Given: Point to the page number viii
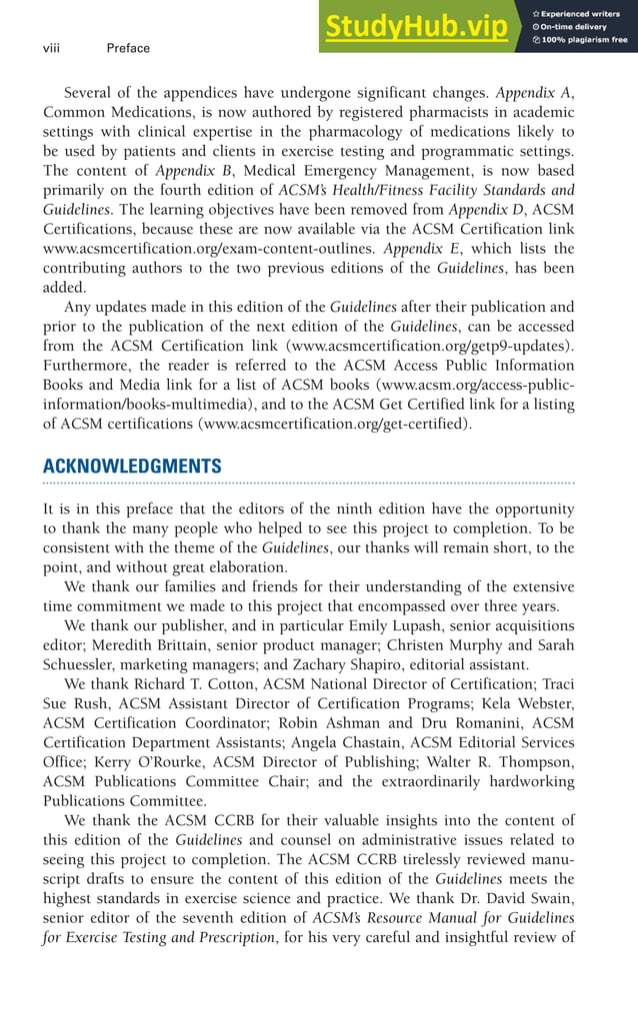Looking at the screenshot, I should tap(52, 48).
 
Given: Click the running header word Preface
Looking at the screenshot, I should tap(128, 48).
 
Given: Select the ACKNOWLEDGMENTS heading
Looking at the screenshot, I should tap(132, 467).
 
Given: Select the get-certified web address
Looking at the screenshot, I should tap(335, 424).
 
